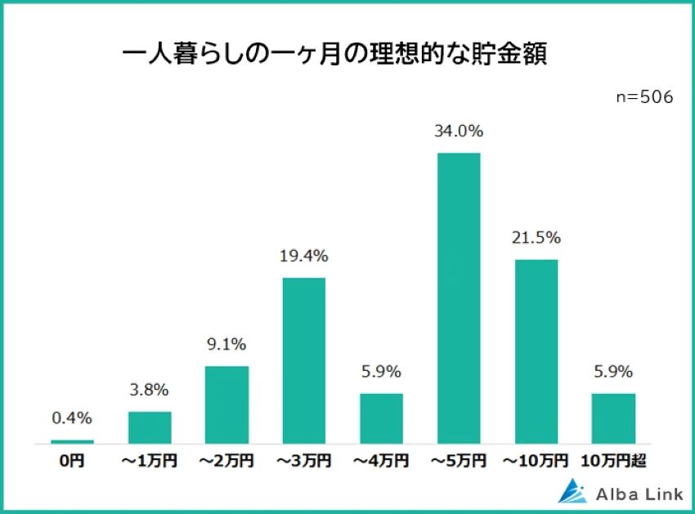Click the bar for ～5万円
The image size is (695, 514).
pyautogui.click(x=459, y=298)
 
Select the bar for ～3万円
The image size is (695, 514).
pyautogui.click(x=304, y=360)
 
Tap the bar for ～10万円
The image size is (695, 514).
pyautogui.click(x=536, y=351)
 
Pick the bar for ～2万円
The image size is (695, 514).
pyautogui.click(x=226, y=404)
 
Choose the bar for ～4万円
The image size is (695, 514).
pyautogui.click(x=381, y=418)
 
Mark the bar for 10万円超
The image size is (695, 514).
pyautogui.click(x=613, y=418)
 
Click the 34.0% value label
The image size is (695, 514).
pyautogui.click(x=459, y=131)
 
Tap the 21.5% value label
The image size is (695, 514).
pyautogui.click(x=536, y=238)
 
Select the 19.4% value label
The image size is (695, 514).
pyautogui.click(x=304, y=256)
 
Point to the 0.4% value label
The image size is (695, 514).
pyautogui.click(x=72, y=418)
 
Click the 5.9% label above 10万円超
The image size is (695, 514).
pyautogui.click(x=613, y=372)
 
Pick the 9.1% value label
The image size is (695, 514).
pyautogui.click(x=226, y=344)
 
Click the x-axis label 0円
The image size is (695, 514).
pyautogui.click(x=72, y=462)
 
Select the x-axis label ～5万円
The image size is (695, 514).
pyautogui.click(x=459, y=462)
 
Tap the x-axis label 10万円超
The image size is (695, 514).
pyautogui.click(x=613, y=462)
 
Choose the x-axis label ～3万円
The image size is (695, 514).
pyautogui.click(x=304, y=462)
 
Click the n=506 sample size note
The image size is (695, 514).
pyautogui.click(x=644, y=96)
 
